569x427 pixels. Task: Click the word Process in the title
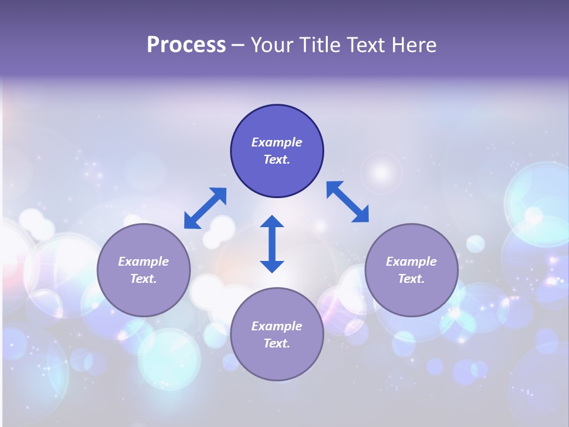(186, 45)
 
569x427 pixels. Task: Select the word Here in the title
(415, 45)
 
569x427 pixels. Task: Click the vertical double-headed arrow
(272, 244)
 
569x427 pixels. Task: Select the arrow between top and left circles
(205, 208)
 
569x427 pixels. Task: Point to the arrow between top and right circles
(347, 202)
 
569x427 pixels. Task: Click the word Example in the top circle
(277, 142)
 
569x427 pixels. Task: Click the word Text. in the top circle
(277, 160)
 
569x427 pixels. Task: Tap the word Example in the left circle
(143, 262)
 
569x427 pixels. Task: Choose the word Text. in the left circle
(143, 279)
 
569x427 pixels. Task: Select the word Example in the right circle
(411, 262)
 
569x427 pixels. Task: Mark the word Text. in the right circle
(411, 279)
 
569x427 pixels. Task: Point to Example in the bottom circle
(277, 326)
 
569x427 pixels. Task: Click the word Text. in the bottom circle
(277, 343)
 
